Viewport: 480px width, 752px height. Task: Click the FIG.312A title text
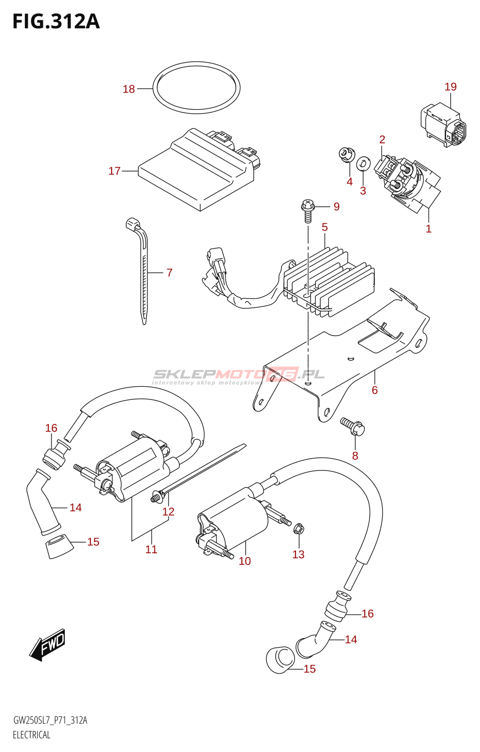tap(56, 22)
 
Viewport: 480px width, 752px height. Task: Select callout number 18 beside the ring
tap(128, 89)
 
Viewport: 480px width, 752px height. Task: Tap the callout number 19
tap(450, 86)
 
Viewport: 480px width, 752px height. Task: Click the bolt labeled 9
tap(308, 211)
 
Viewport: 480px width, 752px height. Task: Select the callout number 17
tap(114, 171)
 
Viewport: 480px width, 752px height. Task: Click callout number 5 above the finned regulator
tap(325, 227)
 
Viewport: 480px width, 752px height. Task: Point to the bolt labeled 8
tap(353, 426)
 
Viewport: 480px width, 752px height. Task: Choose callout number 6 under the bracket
tap(375, 390)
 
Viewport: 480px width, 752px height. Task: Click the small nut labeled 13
tap(298, 530)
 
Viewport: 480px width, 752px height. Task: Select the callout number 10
tap(245, 561)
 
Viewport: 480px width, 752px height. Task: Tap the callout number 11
tap(151, 549)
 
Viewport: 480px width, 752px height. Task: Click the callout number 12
tap(168, 512)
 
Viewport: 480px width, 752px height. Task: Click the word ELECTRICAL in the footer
tap(32, 735)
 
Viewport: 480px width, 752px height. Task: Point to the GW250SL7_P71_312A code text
tap(50, 721)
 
